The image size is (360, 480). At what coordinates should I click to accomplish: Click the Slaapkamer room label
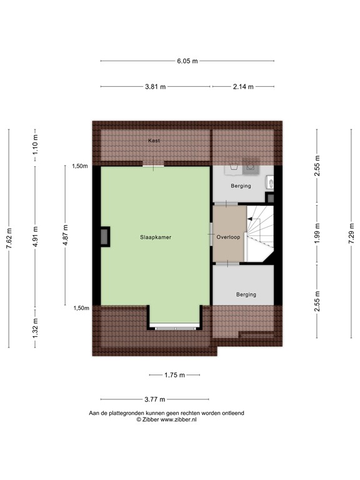click(156, 237)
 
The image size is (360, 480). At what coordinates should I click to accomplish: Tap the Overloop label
click(229, 237)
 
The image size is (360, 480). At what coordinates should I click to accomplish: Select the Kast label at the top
click(154, 141)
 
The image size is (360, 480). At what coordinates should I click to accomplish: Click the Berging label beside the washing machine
click(241, 186)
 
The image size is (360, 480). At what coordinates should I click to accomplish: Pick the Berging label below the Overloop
click(246, 294)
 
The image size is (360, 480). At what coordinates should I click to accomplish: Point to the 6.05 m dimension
click(186, 61)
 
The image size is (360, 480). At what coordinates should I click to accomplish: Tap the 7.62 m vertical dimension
click(9, 238)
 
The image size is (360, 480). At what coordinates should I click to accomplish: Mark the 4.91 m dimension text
click(36, 236)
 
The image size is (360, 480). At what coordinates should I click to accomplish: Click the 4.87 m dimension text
click(65, 236)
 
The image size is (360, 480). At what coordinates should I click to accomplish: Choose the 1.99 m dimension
click(317, 235)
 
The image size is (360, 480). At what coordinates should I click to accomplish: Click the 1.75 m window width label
click(174, 376)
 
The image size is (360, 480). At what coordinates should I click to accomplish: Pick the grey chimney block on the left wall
click(103, 236)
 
